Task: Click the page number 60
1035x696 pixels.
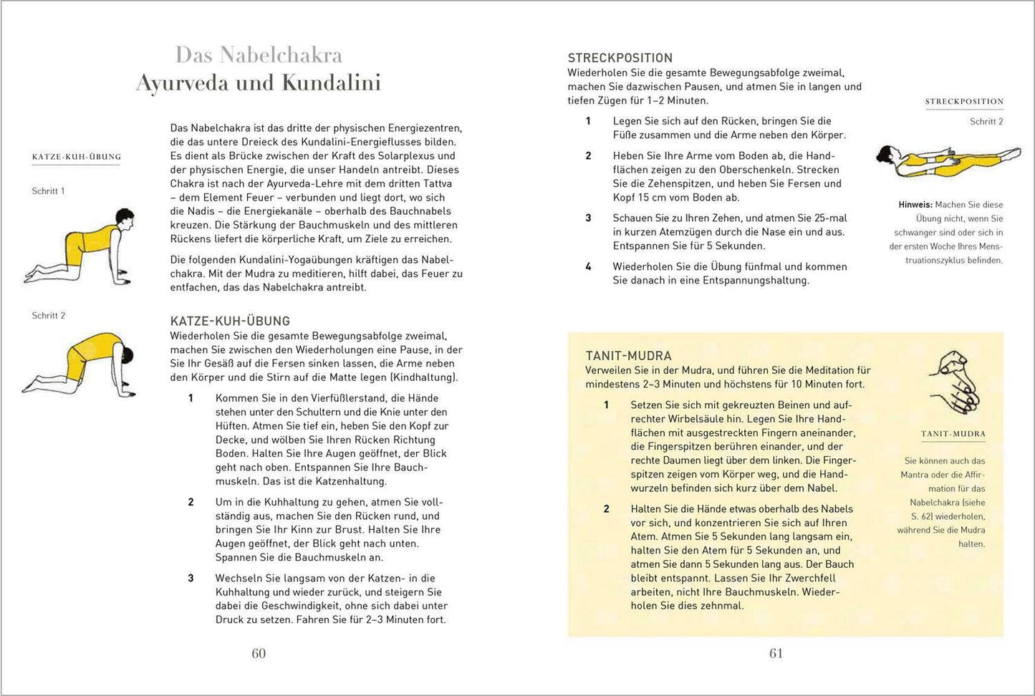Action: pyautogui.click(x=259, y=653)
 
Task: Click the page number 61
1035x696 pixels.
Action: pyautogui.click(x=776, y=653)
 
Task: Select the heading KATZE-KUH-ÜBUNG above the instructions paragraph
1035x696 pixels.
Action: pyautogui.click(x=230, y=322)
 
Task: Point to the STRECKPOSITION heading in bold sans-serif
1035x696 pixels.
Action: pyautogui.click(x=620, y=58)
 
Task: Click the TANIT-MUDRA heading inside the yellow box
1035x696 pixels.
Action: pyautogui.click(x=628, y=356)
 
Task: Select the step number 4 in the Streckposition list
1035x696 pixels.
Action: pyautogui.click(x=588, y=266)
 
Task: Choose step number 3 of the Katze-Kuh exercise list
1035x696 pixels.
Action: pyautogui.click(x=191, y=578)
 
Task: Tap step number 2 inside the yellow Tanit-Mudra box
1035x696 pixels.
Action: pyautogui.click(x=606, y=509)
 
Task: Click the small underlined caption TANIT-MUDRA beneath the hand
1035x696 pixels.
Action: pyautogui.click(x=953, y=434)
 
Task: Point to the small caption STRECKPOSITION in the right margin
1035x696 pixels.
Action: pyautogui.click(x=964, y=102)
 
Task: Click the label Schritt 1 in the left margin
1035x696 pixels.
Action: pyautogui.click(x=49, y=191)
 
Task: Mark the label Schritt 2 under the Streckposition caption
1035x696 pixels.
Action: pyautogui.click(x=986, y=122)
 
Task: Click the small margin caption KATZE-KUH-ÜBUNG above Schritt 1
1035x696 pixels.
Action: pyautogui.click(x=77, y=157)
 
